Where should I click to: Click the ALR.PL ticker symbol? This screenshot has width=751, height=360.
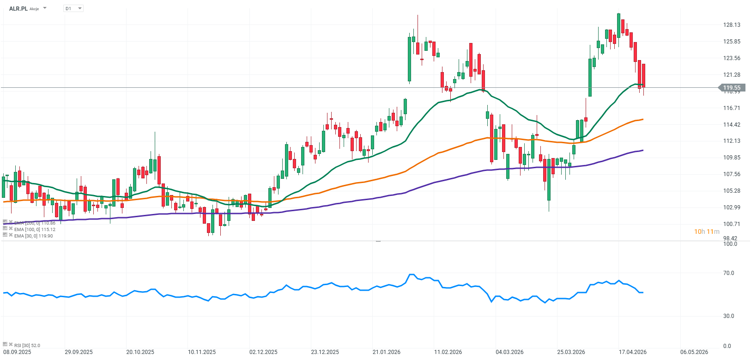click(x=18, y=8)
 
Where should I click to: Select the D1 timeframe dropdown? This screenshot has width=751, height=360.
click(x=73, y=8)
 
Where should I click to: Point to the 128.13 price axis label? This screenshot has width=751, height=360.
click(x=732, y=25)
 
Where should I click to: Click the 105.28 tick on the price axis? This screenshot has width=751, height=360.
click(x=732, y=190)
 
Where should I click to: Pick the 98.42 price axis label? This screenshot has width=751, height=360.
click(x=730, y=238)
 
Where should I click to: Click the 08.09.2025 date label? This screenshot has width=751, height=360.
click(x=17, y=352)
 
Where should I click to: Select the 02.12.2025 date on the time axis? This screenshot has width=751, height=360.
click(x=263, y=352)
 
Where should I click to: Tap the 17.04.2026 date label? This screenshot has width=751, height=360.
click(x=632, y=352)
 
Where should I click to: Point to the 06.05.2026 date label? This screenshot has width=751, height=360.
click(x=694, y=352)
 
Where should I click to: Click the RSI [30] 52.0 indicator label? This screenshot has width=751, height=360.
click(x=27, y=345)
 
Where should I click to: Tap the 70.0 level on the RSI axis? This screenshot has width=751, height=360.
click(x=728, y=273)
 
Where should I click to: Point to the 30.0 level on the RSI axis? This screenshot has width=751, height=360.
click(x=728, y=316)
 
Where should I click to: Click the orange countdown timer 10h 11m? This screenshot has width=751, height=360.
click(x=707, y=232)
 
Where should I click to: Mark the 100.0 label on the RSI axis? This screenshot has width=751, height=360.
click(x=730, y=244)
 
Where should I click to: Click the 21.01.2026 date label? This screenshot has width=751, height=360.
click(x=387, y=352)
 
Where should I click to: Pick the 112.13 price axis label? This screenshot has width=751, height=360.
click(x=732, y=141)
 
